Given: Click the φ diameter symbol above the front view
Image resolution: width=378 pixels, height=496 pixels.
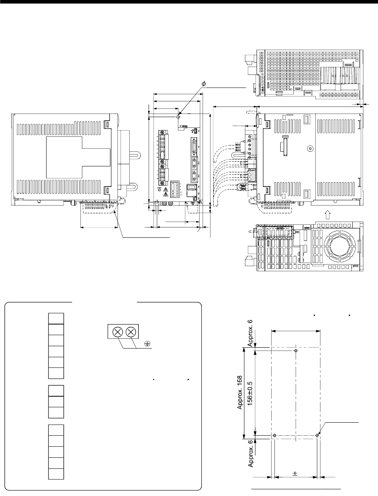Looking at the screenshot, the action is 203,84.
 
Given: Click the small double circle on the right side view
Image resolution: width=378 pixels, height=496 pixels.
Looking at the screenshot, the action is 310,149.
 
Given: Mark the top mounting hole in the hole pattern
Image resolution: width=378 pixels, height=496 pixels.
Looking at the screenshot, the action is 296,351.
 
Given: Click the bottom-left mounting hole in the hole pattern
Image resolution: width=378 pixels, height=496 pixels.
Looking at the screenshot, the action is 275,436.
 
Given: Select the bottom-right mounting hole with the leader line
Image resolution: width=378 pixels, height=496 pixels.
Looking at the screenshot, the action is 317,436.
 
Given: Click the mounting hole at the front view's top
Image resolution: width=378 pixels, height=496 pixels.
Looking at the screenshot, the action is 179,117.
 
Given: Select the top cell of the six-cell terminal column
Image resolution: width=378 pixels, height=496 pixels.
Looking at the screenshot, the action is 56,318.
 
